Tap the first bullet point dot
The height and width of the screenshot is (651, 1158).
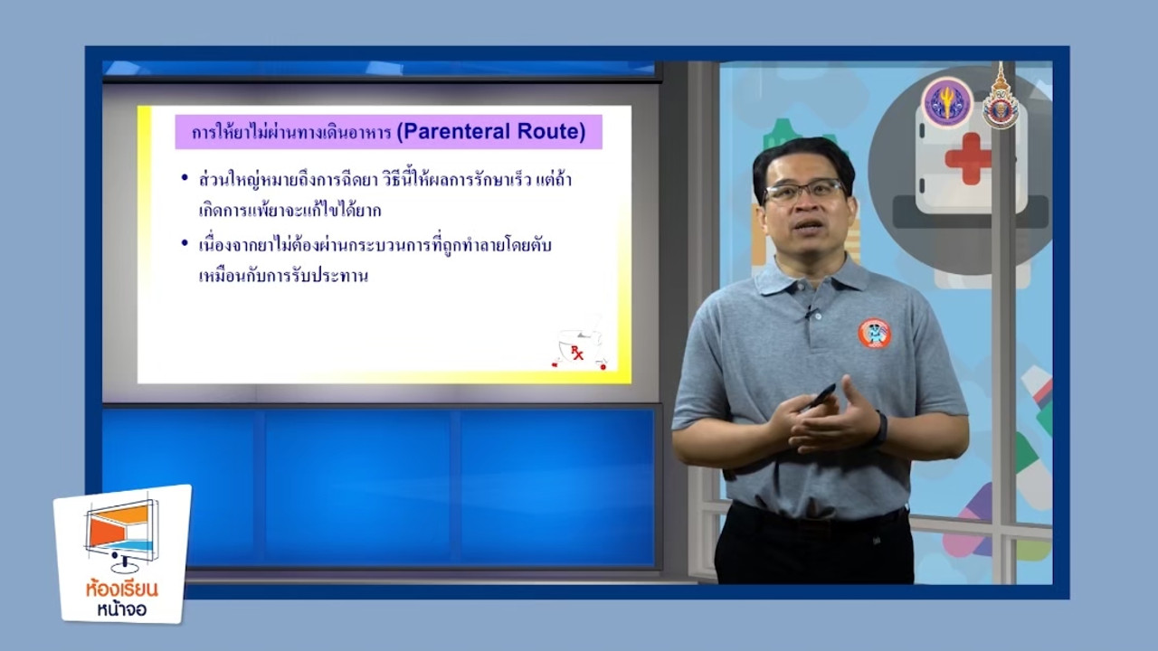(x=185, y=178)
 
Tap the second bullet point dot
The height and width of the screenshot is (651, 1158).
(x=185, y=243)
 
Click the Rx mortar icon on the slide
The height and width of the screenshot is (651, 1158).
(x=580, y=345)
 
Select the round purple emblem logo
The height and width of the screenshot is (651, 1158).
(x=947, y=103)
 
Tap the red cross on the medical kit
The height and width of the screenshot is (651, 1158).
(x=968, y=158)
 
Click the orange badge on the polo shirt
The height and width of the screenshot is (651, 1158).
(x=874, y=333)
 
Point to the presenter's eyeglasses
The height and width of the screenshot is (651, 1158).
(x=804, y=190)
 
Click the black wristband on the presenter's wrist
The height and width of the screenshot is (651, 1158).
(x=881, y=428)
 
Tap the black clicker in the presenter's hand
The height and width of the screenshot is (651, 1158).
(x=820, y=396)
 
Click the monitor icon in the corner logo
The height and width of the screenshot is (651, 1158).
(x=122, y=535)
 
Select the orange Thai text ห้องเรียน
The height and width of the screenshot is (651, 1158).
(x=122, y=590)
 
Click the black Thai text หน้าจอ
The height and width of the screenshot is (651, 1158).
(x=122, y=609)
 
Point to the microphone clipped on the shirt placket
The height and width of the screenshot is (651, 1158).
(x=810, y=312)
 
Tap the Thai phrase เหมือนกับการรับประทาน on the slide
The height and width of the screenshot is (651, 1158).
(x=283, y=276)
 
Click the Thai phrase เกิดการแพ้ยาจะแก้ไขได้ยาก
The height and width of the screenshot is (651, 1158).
(x=290, y=211)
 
